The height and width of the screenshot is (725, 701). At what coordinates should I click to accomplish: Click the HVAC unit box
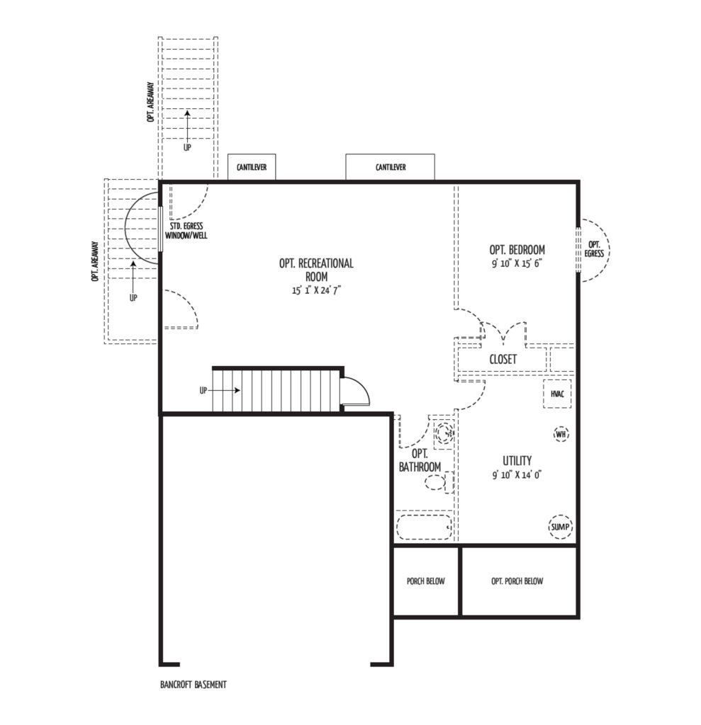tap(557, 394)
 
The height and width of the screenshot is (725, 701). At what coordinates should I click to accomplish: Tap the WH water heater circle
tap(561, 434)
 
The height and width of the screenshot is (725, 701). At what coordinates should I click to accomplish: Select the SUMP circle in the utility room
tap(560, 527)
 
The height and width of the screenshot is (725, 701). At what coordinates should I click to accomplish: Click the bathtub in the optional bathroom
tap(424, 527)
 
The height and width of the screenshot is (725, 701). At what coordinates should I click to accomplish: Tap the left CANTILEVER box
tap(252, 167)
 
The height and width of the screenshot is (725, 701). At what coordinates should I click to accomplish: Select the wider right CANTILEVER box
tap(391, 167)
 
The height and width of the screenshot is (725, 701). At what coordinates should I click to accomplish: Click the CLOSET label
tap(503, 359)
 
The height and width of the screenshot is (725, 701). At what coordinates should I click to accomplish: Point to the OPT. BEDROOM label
tap(517, 250)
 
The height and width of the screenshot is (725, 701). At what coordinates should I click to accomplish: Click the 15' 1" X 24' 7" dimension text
tap(316, 291)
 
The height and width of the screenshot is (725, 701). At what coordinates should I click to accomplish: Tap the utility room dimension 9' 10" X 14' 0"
tap(517, 475)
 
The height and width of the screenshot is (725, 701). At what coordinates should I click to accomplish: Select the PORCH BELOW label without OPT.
tap(425, 581)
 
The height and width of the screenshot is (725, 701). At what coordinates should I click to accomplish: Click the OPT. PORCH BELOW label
tap(517, 581)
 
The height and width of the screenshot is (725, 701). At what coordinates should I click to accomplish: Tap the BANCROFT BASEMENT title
tap(194, 685)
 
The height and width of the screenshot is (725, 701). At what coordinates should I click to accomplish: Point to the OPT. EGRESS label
tap(594, 249)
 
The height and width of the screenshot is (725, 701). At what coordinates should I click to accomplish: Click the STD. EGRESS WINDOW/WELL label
tap(186, 231)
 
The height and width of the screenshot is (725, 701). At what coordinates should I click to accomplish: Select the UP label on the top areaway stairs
tap(187, 148)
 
